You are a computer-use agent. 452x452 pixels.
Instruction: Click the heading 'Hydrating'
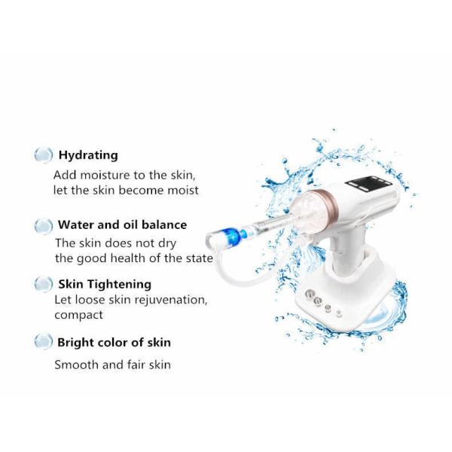88,155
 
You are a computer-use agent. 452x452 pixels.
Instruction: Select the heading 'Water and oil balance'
122,224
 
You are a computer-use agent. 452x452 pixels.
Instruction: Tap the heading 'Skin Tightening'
105,284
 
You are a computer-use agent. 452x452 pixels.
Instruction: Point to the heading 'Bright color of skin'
115,343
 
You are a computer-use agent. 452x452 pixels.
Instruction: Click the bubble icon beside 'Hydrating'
43,155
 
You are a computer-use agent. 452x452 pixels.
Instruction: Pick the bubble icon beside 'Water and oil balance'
43,226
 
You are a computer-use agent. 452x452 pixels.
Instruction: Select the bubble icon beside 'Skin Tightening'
43,284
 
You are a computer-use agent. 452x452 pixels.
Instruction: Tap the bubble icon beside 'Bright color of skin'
43,341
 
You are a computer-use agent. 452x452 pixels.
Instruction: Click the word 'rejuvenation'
171,301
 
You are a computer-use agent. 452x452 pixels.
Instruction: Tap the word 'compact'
78,315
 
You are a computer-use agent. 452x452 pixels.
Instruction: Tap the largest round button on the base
310,295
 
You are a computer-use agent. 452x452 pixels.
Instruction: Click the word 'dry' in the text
167,244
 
